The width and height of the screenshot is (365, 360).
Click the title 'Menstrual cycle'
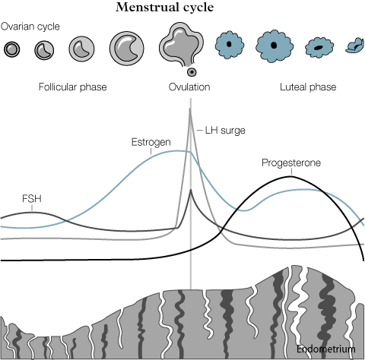(x=165, y=8)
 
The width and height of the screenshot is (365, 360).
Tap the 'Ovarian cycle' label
(x=30, y=27)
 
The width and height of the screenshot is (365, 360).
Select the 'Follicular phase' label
(x=72, y=87)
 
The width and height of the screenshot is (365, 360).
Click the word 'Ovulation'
(x=189, y=87)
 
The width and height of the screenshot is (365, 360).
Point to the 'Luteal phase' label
(x=308, y=87)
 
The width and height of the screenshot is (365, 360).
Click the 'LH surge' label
(x=225, y=131)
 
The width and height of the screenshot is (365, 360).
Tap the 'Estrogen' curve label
(x=151, y=142)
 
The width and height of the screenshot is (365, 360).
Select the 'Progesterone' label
(x=291, y=163)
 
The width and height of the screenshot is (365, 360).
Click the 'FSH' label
(x=32, y=199)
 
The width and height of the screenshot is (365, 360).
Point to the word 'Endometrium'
(x=326, y=349)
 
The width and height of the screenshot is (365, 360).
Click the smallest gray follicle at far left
(x=12, y=49)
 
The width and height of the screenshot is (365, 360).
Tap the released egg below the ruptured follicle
(x=192, y=72)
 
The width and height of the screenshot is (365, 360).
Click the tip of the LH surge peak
(x=190, y=109)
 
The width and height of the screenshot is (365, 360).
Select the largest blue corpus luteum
(x=275, y=46)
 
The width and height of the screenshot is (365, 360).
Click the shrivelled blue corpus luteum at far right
(x=355, y=46)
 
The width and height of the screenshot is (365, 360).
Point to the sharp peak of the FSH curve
(x=191, y=190)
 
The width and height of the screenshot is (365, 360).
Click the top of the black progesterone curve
(x=291, y=176)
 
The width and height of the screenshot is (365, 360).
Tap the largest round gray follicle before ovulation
(x=127, y=48)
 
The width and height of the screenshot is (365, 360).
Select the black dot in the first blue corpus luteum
(x=229, y=44)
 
